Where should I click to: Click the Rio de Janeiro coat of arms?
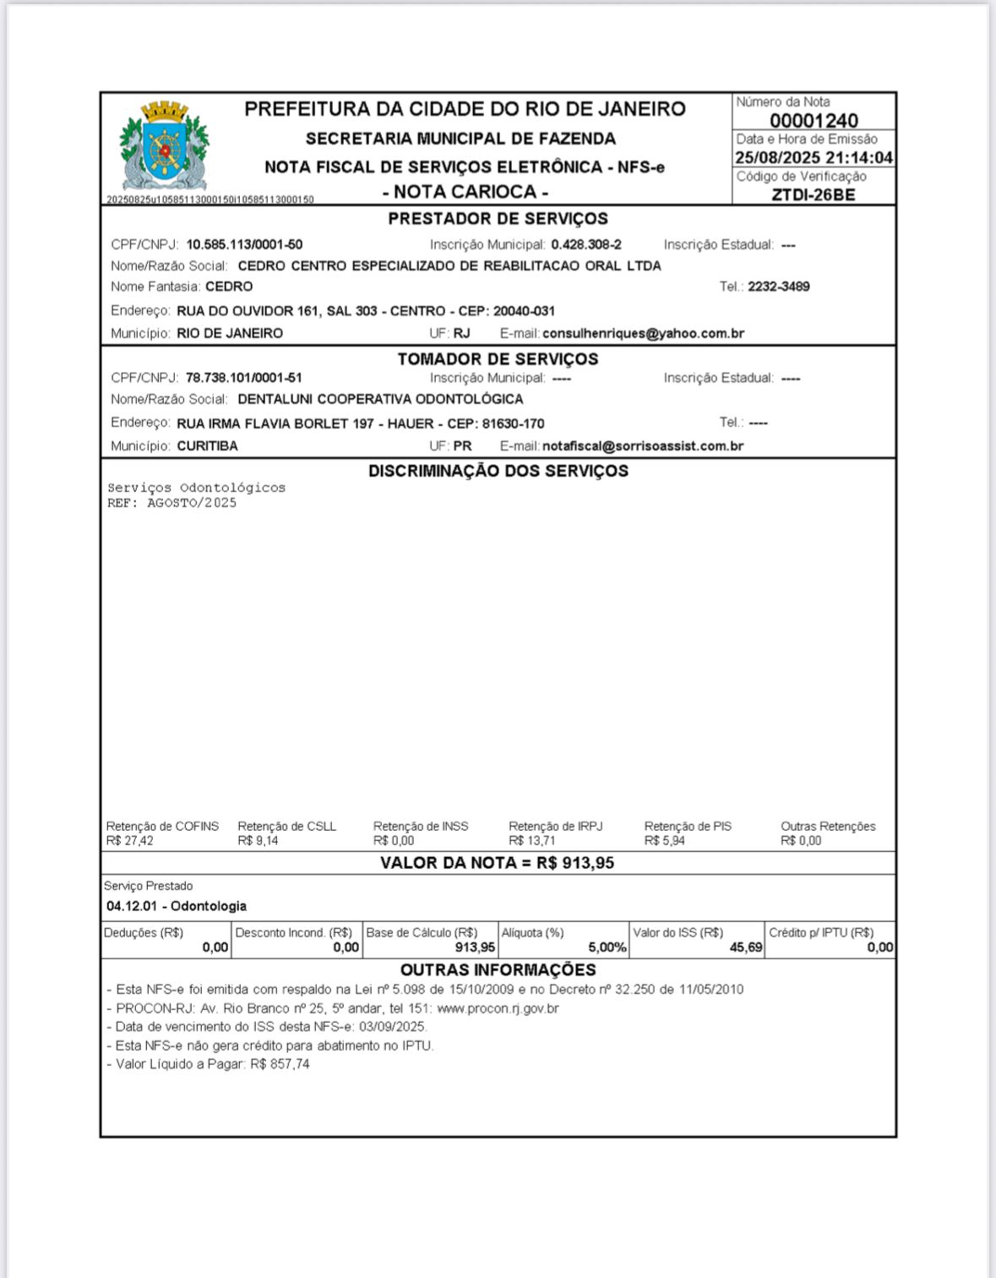tap(164, 147)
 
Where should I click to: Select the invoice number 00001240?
tap(814, 121)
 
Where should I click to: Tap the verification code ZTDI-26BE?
tap(814, 194)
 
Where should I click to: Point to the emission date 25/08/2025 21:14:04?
tap(814, 158)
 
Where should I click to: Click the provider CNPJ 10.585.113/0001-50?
tap(244, 245)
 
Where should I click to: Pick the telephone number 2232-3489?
tap(778, 287)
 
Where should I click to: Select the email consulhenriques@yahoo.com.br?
tap(643, 334)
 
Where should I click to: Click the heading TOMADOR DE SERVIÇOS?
tap(498, 359)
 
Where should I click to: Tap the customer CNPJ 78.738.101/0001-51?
tap(243, 378)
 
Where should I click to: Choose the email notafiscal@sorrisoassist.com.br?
tap(643, 446)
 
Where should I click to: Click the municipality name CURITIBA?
tap(207, 446)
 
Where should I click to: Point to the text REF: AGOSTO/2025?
tap(171, 503)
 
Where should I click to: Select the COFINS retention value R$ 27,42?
tap(130, 841)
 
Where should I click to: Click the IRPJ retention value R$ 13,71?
tap(532, 841)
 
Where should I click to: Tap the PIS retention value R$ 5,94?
tap(665, 841)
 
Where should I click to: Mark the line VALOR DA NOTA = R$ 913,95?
tap(497, 863)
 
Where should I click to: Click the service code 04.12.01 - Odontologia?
tap(177, 906)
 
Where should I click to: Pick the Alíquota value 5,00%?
tap(607, 948)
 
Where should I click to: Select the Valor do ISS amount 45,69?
tap(746, 948)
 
